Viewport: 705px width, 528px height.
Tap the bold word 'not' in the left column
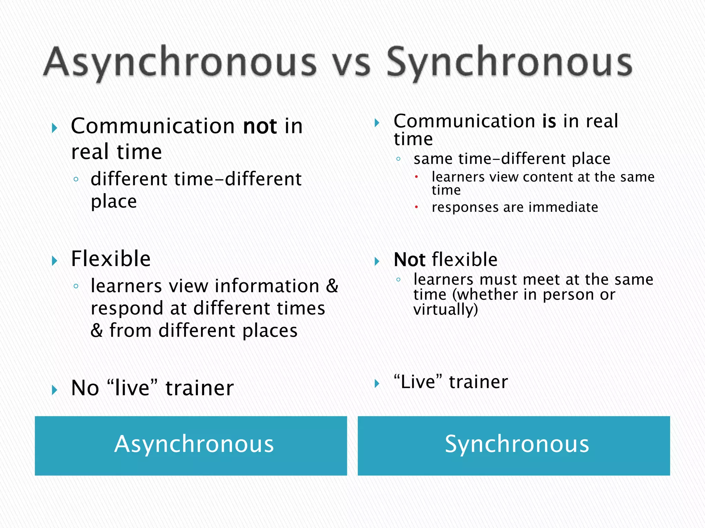tap(260, 126)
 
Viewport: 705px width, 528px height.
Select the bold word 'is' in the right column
tap(549, 121)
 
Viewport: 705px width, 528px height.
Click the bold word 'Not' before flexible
tap(409, 260)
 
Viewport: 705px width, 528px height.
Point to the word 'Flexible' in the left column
tap(111, 258)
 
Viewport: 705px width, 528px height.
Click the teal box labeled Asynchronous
tap(191, 445)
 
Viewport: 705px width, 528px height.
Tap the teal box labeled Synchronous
tap(514, 445)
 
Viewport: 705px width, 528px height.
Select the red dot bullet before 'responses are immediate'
tap(416, 207)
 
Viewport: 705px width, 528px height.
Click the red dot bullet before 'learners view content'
tap(416, 177)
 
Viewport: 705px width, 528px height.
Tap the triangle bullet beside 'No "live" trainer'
tap(54, 390)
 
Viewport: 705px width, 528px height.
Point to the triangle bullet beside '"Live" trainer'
tap(377, 383)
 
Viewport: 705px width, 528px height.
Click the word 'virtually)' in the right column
tap(445, 309)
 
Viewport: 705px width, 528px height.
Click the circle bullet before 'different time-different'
tap(76, 179)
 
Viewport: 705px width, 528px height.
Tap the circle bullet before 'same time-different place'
tap(398, 159)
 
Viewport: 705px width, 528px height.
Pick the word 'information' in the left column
tap(267, 286)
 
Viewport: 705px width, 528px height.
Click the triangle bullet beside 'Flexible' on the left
tap(54, 261)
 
